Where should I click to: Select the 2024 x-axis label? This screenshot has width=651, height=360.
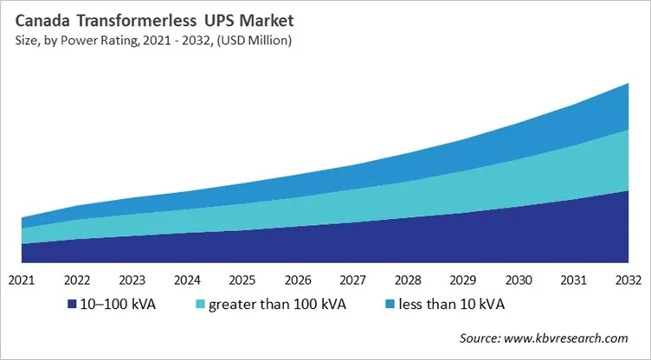[188, 280]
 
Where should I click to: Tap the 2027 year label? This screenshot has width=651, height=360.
[353, 280]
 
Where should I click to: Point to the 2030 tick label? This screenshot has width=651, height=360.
[519, 280]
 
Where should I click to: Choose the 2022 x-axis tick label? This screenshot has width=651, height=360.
[78, 280]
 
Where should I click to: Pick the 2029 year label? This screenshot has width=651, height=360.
[463, 280]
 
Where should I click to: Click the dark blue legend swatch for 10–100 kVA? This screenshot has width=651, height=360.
[72, 305]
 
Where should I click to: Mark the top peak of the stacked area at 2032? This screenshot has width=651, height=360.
[627, 83]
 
